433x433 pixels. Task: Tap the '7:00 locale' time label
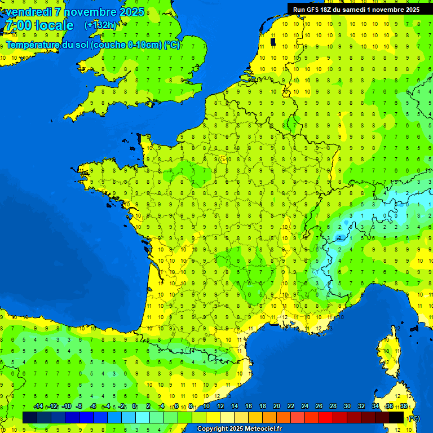38,25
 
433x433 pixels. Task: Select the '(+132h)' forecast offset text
100,25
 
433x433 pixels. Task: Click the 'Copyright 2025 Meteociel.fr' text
239,429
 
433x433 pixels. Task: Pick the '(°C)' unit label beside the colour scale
413,418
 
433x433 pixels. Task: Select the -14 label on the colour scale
38,407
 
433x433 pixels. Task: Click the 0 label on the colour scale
134,407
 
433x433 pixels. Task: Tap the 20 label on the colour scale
276,407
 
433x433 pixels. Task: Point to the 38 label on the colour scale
404,407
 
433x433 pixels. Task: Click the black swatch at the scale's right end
396,417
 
